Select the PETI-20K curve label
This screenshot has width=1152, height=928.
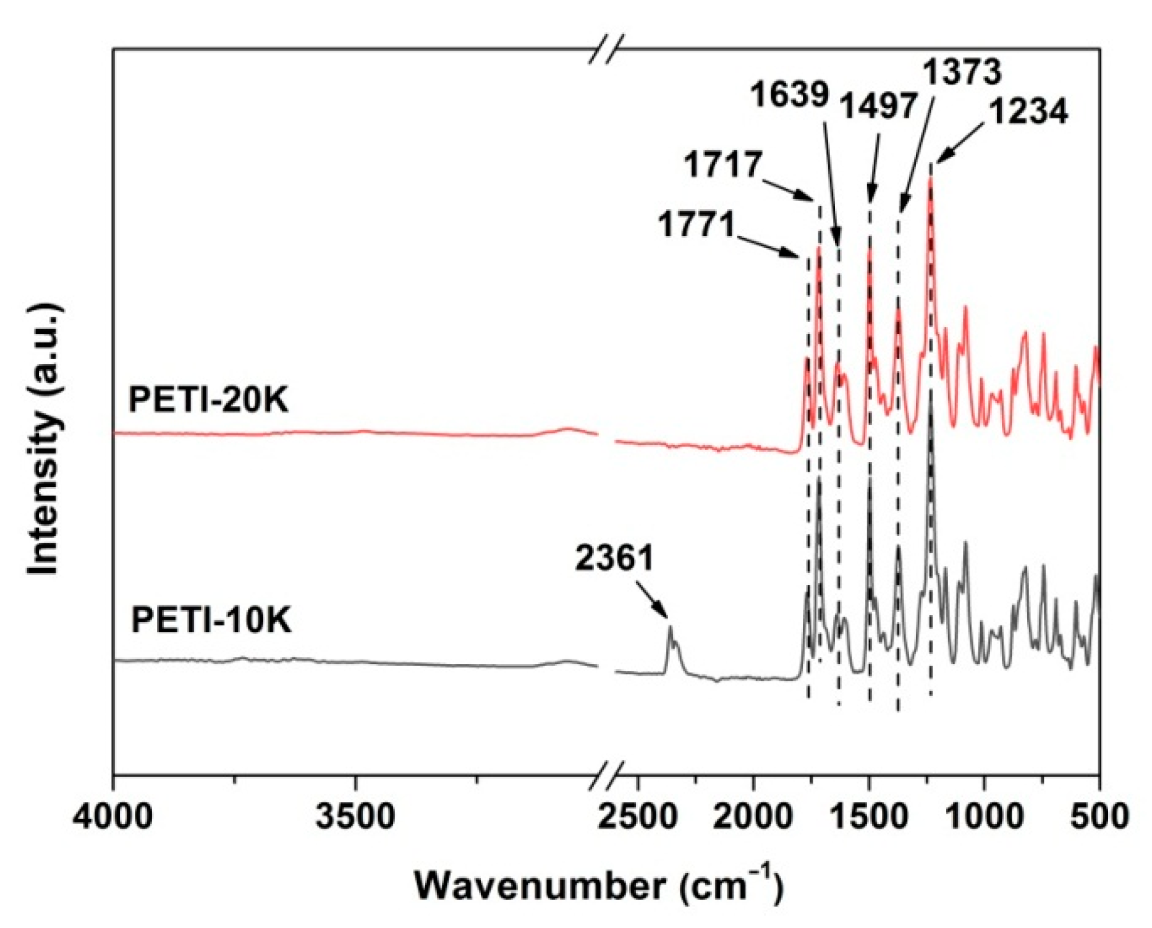[x=208, y=400]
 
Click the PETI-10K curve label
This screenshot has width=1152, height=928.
[x=211, y=619]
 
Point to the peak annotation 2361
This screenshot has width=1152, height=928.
[x=614, y=558]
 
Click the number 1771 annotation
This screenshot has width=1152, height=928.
[x=697, y=224]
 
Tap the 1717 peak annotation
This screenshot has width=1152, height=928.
[x=722, y=165]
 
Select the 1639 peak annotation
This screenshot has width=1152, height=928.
[x=789, y=96]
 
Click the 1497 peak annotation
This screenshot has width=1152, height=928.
[x=877, y=106]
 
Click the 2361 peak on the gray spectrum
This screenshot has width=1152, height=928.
[x=670, y=628]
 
